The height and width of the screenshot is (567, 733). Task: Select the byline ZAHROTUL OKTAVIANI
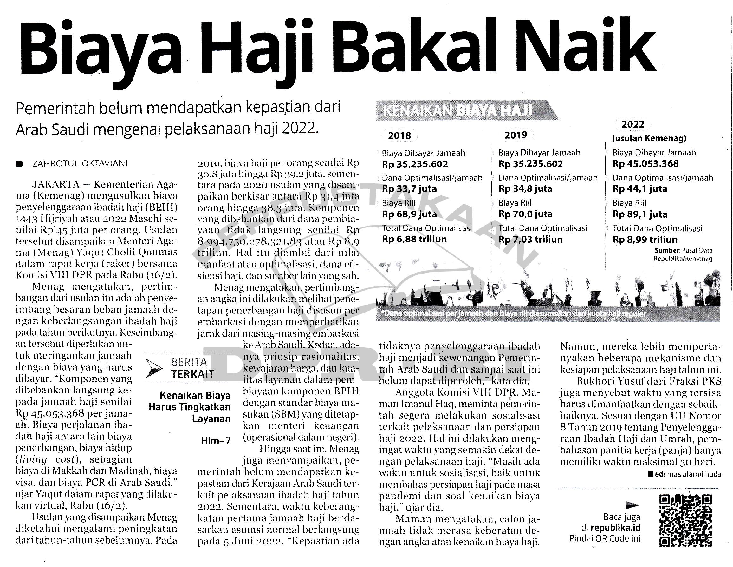pos(80,164)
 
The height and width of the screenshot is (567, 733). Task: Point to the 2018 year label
pos(399,136)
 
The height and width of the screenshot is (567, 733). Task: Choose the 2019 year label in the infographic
pos(516,135)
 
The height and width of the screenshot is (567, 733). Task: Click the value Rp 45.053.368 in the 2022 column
pos(645,164)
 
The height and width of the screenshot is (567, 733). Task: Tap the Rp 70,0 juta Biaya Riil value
pos(525,214)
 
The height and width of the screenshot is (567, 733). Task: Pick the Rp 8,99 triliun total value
pos(645,240)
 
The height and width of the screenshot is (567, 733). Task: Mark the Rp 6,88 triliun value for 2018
pos(414,239)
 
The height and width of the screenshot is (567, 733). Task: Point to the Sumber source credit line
pos(683,254)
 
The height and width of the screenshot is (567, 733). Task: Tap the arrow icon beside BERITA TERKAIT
pos(155,368)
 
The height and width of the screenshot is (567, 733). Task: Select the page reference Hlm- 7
pos(216,440)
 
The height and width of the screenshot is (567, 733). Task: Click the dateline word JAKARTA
pos(55,184)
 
